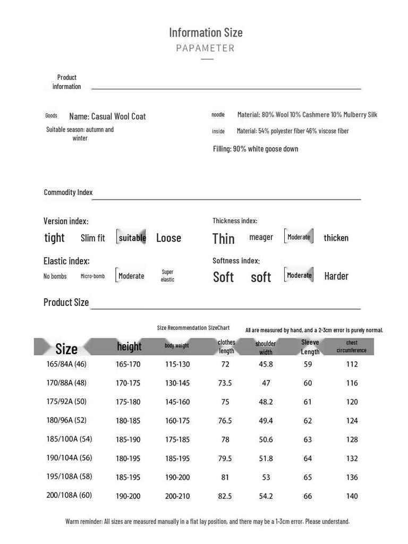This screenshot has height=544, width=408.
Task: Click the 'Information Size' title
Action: click(x=206, y=32)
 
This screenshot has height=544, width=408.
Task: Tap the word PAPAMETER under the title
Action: click(x=205, y=48)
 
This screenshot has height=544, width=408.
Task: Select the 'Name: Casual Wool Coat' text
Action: click(x=107, y=116)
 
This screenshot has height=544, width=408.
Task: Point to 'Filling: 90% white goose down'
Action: click(x=256, y=149)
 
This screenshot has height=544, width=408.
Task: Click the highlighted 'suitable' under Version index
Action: click(x=132, y=237)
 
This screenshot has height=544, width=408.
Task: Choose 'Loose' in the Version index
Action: click(x=168, y=238)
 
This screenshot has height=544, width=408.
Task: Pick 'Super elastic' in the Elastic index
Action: click(x=167, y=276)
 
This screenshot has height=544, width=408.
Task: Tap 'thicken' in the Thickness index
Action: click(x=336, y=238)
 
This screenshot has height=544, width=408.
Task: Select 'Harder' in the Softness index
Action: click(x=336, y=276)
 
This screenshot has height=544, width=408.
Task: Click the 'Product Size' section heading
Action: click(x=66, y=302)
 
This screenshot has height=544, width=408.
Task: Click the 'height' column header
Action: click(x=129, y=346)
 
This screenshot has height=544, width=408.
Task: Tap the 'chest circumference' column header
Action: click(x=351, y=346)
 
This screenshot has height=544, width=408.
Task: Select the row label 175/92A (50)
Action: click(x=66, y=402)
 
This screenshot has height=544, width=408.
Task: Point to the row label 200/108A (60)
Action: click(x=69, y=495)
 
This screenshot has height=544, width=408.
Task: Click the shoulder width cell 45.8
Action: click(x=266, y=364)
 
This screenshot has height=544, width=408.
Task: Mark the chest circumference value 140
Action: click(x=352, y=496)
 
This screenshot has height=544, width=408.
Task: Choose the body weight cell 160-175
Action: click(x=177, y=421)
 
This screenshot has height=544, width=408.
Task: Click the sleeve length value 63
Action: click(x=308, y=439)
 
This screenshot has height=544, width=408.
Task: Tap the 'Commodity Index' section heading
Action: click(x=68, y=192)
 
